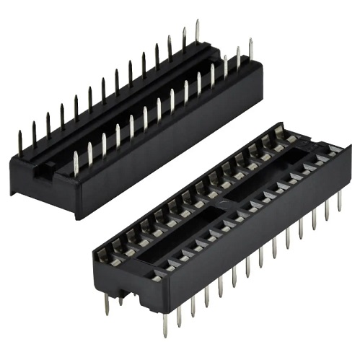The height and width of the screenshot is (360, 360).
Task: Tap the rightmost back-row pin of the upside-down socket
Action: (197, 32)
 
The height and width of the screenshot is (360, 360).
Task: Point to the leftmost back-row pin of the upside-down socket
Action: (20, 141)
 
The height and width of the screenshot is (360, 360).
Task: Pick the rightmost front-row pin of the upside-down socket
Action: (251, 51)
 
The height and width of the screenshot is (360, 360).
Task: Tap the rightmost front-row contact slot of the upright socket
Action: (333, 150)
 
